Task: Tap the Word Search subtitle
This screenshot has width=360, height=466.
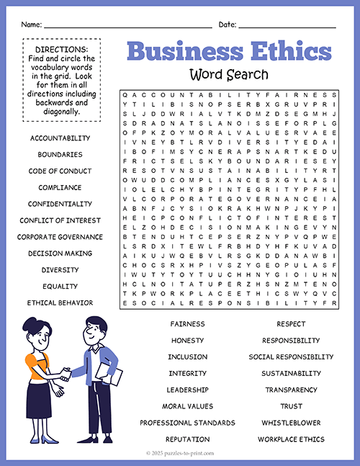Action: coord(229,73)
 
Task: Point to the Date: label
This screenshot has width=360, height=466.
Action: coord(228,24)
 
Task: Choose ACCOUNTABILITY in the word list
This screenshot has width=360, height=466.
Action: coord(60,138)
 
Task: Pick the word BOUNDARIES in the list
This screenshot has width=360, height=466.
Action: coord(60,154)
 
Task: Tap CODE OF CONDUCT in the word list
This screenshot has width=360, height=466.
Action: coord(60,171)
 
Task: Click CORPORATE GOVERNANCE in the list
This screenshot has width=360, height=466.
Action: coord(60,237)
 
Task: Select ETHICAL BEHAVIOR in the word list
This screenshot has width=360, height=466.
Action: coord(60,303)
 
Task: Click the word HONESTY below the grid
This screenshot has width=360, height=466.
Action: coord(187,340)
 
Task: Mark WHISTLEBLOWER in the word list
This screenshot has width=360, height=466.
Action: coord(291,423)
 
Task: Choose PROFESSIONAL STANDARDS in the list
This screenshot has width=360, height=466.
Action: coord(187,423)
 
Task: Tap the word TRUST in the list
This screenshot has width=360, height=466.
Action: coord(291,406)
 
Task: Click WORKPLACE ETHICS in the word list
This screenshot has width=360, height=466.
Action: coord(291,439)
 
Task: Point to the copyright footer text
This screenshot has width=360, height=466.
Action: coord(180,454)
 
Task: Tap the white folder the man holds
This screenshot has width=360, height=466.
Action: coord(110,378)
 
